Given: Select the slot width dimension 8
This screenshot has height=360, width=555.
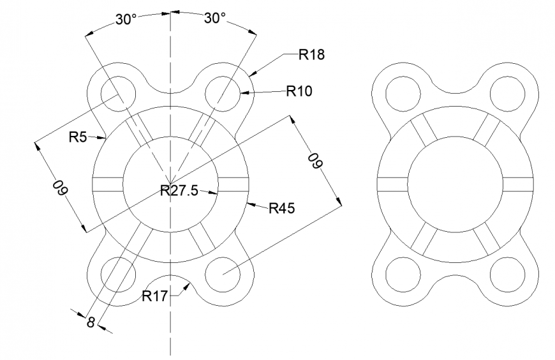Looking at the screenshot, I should click(91, 322).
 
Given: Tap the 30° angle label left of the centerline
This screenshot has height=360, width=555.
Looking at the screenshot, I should click(126, 19).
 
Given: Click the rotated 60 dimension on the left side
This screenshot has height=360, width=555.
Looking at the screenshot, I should click(60, 187).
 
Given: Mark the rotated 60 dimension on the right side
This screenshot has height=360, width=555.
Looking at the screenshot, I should click(314, 161).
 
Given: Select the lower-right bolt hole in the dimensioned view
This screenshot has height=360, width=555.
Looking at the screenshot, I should click(223, 275).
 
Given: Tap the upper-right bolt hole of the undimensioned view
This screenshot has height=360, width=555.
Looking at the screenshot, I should click(507, 92).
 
